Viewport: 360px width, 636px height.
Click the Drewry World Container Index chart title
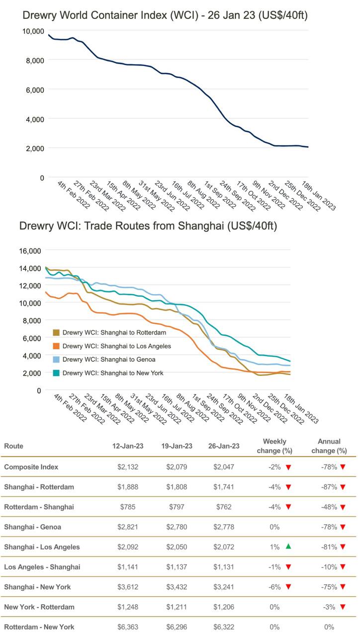[x=165, y=15]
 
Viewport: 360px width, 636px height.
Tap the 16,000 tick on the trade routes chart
[x=30, y=251]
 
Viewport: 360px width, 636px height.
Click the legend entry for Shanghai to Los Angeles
[x=116, y=346]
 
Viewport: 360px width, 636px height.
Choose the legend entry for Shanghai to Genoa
[x=109, y=359]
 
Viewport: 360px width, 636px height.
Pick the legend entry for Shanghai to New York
[x=112, y=373]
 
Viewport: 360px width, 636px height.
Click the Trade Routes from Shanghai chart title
[x=148, y=226]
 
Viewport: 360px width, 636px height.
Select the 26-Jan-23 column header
[x=224, y=446]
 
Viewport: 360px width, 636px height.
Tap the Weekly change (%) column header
[x=274, y=446]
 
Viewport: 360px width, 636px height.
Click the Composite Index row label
[x=31, y=467]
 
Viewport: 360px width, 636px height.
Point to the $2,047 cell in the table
[x=224, y=467]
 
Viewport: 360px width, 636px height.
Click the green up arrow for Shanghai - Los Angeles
[x=288, y=547]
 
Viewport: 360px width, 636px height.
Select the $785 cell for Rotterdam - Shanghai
[x=128, y=507]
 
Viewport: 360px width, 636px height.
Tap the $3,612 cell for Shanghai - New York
[x=128, y=587]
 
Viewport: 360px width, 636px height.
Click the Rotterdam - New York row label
[x=39, y=627]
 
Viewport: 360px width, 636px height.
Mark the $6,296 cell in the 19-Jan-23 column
[x=177, y=627]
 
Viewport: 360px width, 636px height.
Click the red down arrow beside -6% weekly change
[x=288, y=587]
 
